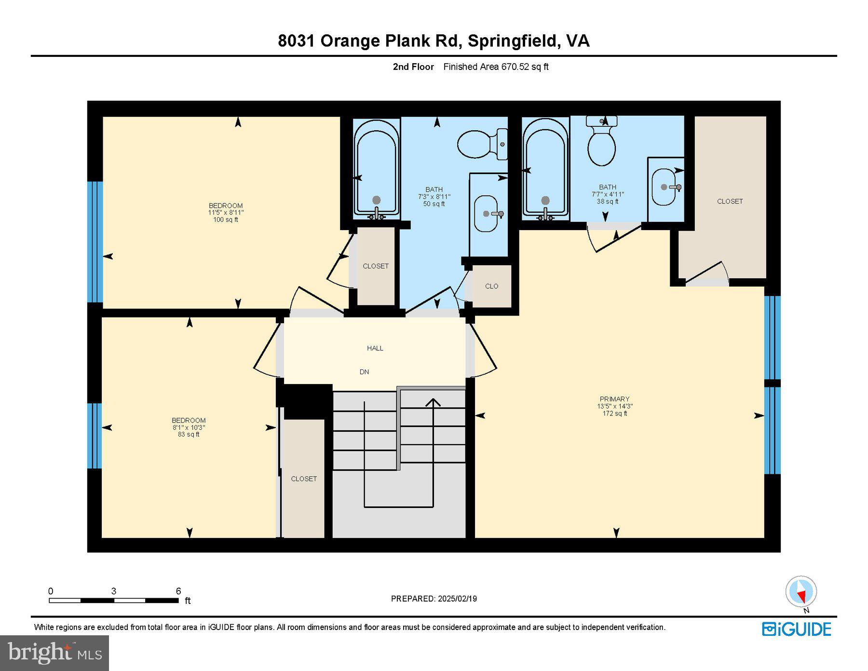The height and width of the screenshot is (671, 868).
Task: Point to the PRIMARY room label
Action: click(x=614, y=399)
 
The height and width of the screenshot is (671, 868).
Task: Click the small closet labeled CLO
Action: click(x=491, y=287)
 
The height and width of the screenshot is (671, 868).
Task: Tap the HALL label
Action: click(x=375, y=348)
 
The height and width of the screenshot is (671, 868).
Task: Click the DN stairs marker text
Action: click(x=364, y=372)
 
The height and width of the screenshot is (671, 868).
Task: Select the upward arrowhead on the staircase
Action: click(x=433, y=402)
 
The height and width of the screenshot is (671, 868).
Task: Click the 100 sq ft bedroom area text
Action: click(x=225, y=220)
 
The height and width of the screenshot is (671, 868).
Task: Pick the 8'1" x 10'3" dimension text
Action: click(x=189, y=427)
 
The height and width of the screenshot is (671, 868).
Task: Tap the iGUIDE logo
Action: click(x=797, y=630)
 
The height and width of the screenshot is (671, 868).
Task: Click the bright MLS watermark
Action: click(x=54, y=653)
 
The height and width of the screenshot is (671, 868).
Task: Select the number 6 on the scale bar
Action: click(x=178, y=591)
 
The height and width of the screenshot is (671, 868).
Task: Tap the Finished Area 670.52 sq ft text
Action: click(x=496, y=67)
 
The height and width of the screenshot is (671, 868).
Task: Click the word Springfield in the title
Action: click(x=512, y=41)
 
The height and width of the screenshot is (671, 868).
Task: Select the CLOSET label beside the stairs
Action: click(x=304, y=479)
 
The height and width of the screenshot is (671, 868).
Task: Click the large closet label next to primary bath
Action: click(x=730, y=202)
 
